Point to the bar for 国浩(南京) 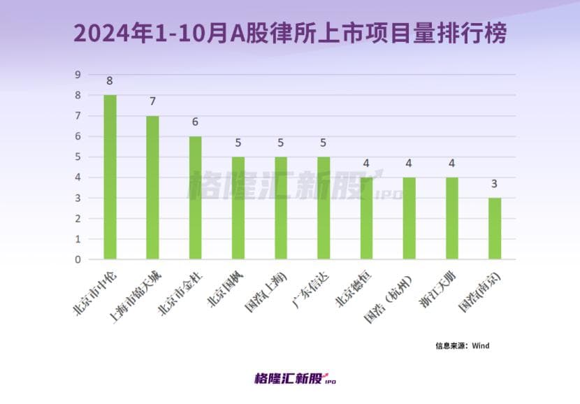click(495, 229)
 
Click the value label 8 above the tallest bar click(110, 80)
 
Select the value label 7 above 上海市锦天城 click(152, 101)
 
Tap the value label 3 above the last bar click(495, 184)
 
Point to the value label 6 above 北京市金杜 click(196, 122)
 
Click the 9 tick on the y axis click(78, 75)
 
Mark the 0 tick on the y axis click(78, 259)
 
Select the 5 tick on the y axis click(78, 157)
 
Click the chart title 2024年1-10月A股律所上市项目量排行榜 click(289, 33)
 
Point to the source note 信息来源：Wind click(458, 345)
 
